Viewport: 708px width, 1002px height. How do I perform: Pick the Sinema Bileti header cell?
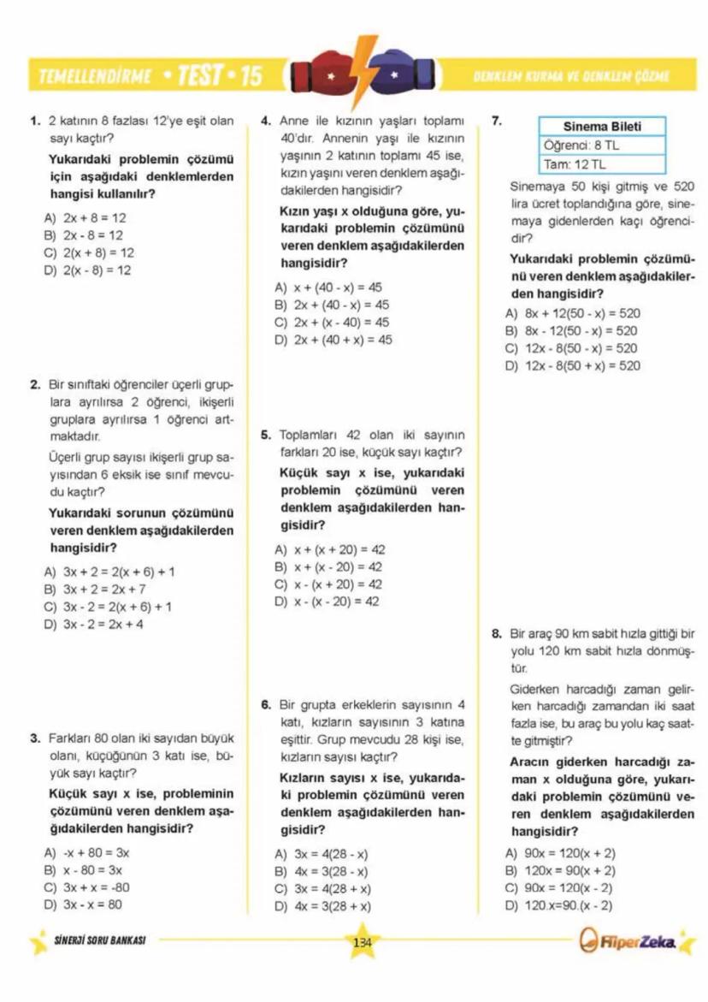coord(602,127)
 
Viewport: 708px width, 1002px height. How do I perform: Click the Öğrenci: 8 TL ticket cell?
coord(602,145)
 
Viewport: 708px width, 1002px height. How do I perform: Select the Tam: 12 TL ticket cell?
coord(602,164)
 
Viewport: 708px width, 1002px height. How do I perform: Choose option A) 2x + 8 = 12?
coord(86,217)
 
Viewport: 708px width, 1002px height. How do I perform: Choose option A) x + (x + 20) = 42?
coord(329,550)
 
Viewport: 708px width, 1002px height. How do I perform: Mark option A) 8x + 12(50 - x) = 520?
coord(572,313)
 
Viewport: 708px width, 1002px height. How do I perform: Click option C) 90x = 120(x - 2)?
coord(560,888)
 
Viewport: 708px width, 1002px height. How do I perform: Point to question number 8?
coord(497,634)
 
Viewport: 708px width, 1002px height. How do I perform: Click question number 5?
coord(266,435)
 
